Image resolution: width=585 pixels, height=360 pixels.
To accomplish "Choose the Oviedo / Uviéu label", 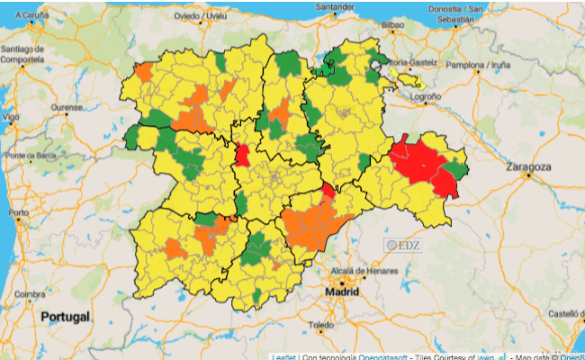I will click(200, 15).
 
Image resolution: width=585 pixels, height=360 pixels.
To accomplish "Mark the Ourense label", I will click(66, 108).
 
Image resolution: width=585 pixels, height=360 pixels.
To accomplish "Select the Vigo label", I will click(11, 117).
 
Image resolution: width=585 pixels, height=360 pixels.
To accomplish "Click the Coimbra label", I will click(30, 293).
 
